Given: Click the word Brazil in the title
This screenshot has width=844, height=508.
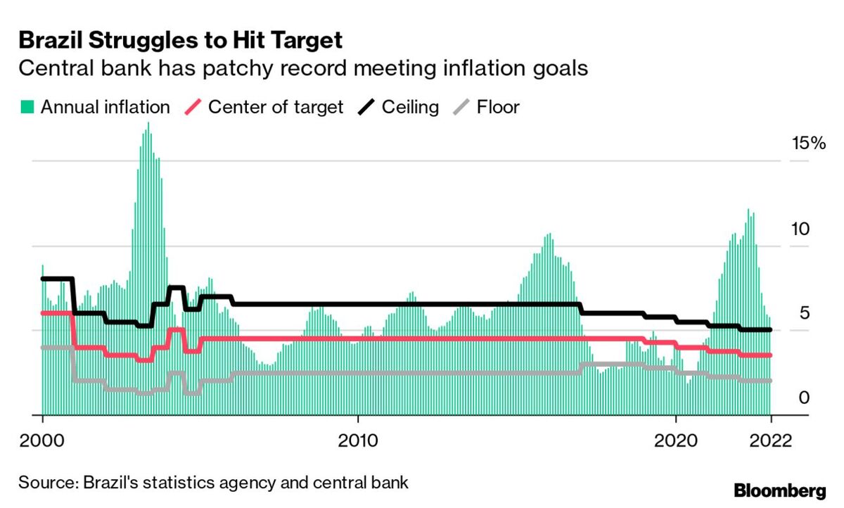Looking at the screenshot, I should click(49, 40).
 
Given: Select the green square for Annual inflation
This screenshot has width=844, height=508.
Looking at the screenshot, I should click(27, 107).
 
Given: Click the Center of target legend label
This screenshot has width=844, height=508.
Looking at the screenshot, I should click(276, 107).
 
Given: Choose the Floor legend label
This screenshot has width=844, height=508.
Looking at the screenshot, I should click(498, 107).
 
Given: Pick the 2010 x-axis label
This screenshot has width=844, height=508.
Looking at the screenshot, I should click(358, 441).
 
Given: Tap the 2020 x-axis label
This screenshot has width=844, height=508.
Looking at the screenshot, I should click(675, 441).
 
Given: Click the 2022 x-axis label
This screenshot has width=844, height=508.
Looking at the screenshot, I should click(771, 441).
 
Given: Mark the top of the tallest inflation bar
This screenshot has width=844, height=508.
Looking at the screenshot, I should click(148, 123).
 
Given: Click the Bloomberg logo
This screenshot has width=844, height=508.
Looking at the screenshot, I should click(779, 490).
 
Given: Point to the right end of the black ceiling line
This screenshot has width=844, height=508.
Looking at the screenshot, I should click(771, 329).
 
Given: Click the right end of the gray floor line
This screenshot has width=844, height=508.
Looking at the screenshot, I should click(771, 380).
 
